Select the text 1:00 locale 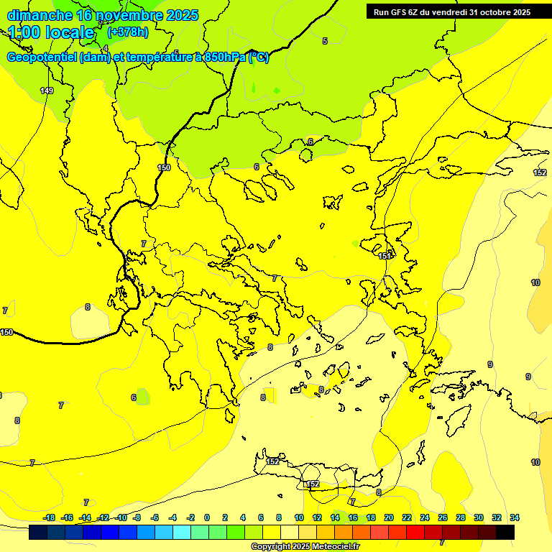click(x=51, y=32)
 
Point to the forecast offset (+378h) click(x=127, y=32)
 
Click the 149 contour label click(x=47, y=91)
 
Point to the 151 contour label click(x=385, y=256)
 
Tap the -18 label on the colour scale click(x=49, y=517)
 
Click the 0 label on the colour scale click(x=207, y=517)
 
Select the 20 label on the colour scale click(x=388, y=517)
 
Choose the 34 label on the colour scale click(x=515, y=517)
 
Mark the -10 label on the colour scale click(x=121, y=517)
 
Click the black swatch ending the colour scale click(x=505, y=533)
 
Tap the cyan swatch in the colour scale click(x=182, y=533)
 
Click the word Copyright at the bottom click(x=270, y=547)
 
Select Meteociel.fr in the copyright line click(x=335, y=547)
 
